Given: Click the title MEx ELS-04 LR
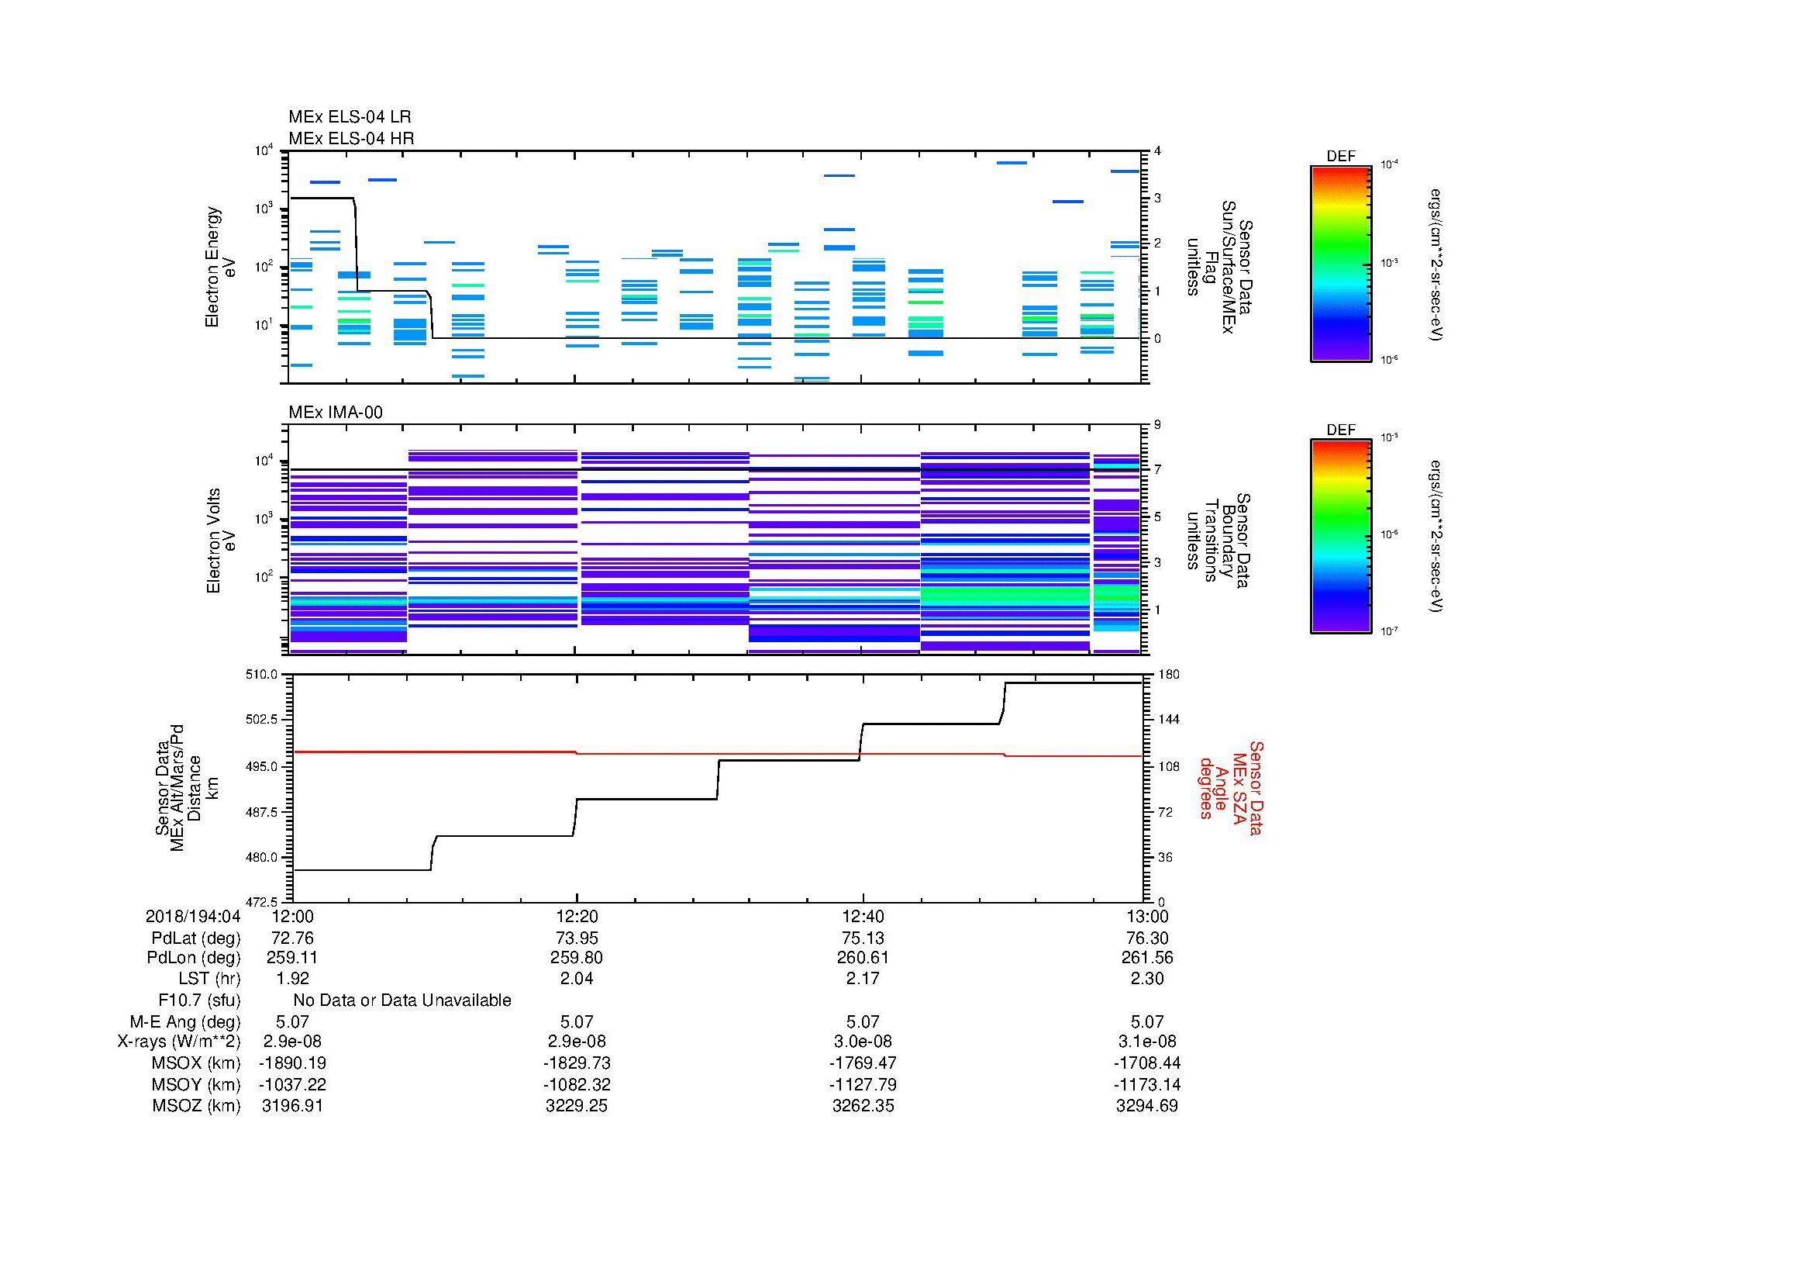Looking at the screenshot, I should point(349,117).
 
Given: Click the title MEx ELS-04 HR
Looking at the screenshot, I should point(350,138).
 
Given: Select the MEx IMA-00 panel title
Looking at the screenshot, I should point(335,413).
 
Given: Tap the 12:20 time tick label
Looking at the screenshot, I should point(577,916).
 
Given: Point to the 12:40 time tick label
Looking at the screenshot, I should point(863,916).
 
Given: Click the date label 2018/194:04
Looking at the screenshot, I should point(193,916).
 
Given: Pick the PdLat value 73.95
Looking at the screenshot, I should point(577,938).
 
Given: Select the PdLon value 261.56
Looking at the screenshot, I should point(1147,957).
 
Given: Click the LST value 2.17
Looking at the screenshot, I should point(863,979).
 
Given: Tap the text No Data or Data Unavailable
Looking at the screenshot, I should point(402,1000).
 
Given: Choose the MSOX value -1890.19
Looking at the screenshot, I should point(292,1063).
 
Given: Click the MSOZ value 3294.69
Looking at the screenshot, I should point(1147,1106).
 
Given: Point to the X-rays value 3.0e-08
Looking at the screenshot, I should point(863,1042).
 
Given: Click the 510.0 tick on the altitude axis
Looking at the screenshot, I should point(264,675).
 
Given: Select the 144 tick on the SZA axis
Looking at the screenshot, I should point(1167,720).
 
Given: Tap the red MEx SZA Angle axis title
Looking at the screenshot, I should point(1230,787).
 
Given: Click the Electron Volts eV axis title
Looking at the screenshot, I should point(221,541).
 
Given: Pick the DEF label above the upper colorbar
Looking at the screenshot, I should point(1340,157).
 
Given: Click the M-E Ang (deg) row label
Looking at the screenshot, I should point(184,1021).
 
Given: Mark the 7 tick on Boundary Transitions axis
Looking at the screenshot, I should point(1157,469).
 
